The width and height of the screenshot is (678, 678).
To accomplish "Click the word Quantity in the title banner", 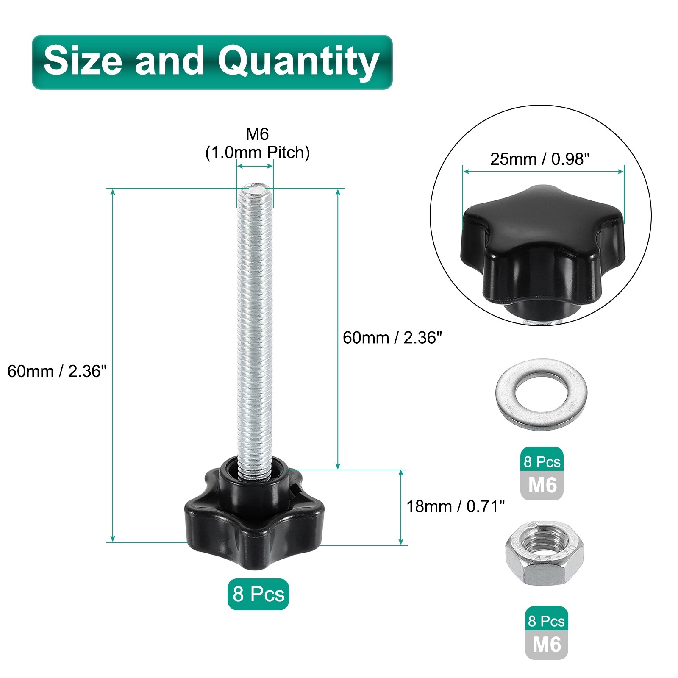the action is [x=298, y=62].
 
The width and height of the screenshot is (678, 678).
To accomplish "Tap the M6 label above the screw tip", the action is [x=257, y=134].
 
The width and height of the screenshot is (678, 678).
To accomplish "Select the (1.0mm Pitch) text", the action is [x=257, y=153].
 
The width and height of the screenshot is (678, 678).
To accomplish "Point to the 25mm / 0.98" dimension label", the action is [x=540, y=159].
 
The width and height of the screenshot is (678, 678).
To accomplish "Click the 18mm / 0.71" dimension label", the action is [x=456, y=506].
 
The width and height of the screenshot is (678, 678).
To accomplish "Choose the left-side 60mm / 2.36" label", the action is [x=57, y=371].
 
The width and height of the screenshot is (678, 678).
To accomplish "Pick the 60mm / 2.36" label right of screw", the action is [x=392, y=338].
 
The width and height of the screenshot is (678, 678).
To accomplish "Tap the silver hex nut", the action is [x=545, y=553].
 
